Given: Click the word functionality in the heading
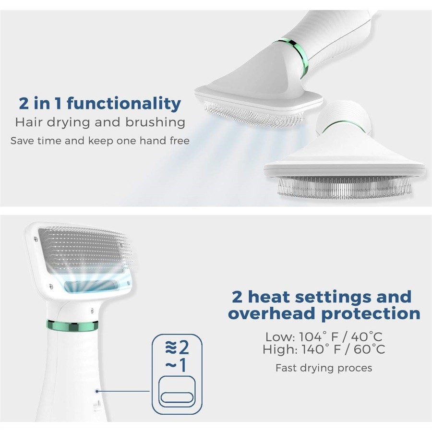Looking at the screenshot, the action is pos(124,104).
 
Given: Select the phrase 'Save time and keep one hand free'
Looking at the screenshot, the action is pos(100,141).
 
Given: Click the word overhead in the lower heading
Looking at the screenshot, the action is pos(272,313).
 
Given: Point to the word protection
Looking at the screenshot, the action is pos(371,314).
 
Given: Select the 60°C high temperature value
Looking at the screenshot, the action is pos(369,349).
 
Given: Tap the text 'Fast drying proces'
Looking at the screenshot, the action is pos(324,368).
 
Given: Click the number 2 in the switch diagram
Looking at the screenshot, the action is pos(183,348).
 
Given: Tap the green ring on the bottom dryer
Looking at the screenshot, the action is pos(72,325).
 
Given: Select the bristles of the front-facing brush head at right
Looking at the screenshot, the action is pos(344,187).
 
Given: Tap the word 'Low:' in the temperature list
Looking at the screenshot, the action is pos(280,336).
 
